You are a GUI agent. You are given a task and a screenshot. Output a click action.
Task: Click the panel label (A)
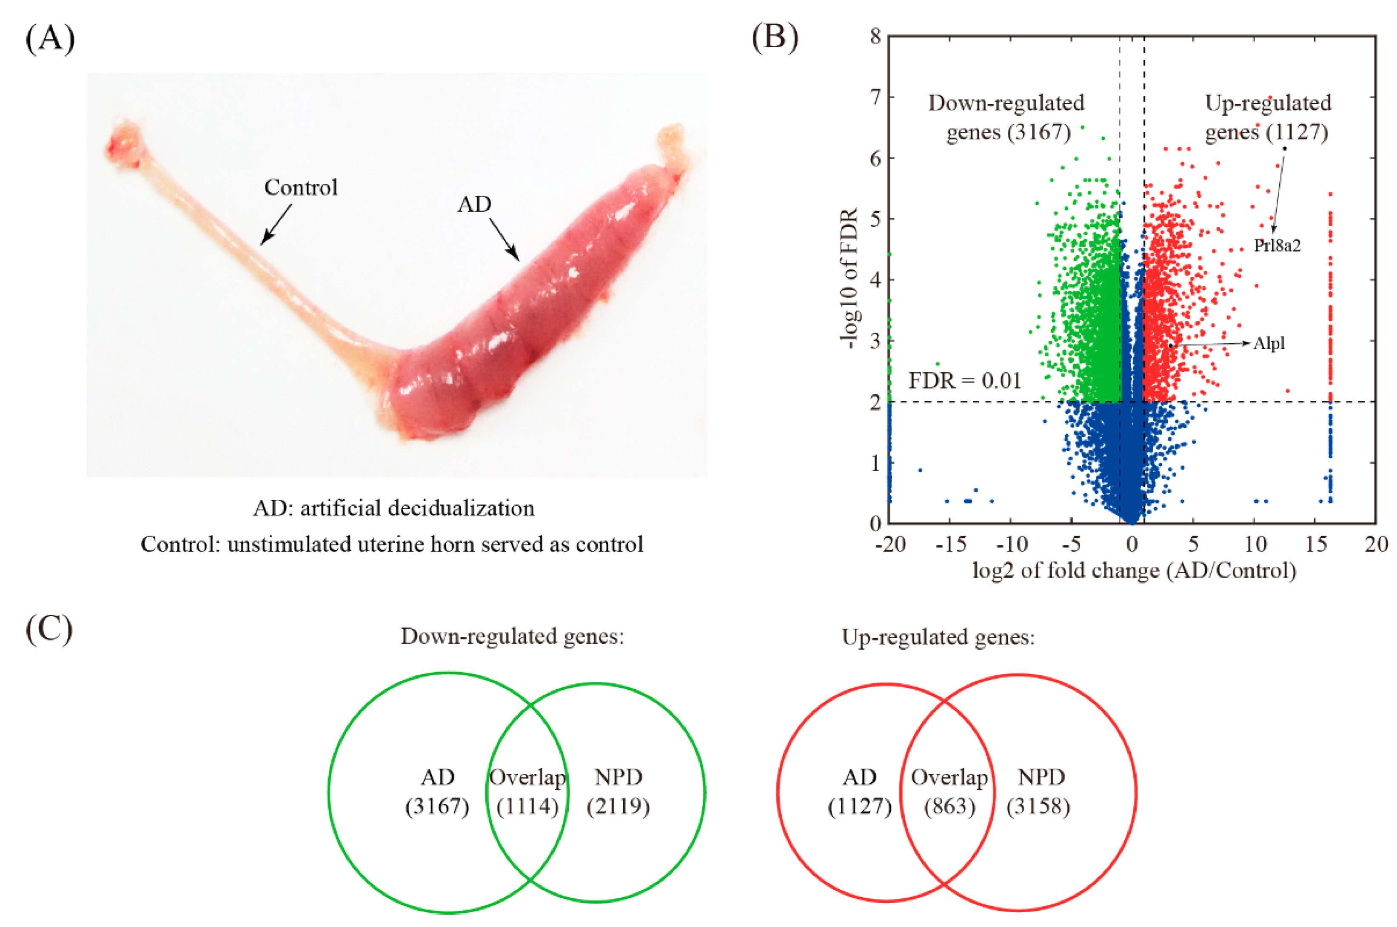coord(50,40)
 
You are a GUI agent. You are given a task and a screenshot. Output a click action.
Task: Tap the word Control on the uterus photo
coord(300,188)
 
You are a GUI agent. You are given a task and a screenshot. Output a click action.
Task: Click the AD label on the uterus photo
coord(474,205)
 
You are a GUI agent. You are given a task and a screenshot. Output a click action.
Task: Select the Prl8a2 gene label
coord(1277,246)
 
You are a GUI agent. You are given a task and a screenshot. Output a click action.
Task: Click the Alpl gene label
coord(1268,343)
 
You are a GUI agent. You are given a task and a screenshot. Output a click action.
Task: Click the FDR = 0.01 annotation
coord(965,381)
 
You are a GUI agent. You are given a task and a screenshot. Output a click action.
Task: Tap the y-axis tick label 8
coord(875,37)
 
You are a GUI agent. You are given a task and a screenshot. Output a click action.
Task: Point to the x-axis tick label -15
coord(951,544)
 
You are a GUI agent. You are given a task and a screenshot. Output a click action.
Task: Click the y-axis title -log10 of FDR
coord(850,278)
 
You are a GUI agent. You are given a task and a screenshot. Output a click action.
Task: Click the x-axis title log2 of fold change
coord(1134,571)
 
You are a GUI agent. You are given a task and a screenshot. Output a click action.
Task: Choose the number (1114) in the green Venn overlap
coord(527,807)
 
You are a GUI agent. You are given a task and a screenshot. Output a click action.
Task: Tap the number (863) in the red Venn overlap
coord(949,807)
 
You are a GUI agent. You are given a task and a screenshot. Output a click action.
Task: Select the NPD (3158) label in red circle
coord(1040,792)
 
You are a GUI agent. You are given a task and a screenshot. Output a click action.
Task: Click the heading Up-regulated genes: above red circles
coord(938,637)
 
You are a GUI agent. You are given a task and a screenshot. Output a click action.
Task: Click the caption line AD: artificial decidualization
coord(394,508)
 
